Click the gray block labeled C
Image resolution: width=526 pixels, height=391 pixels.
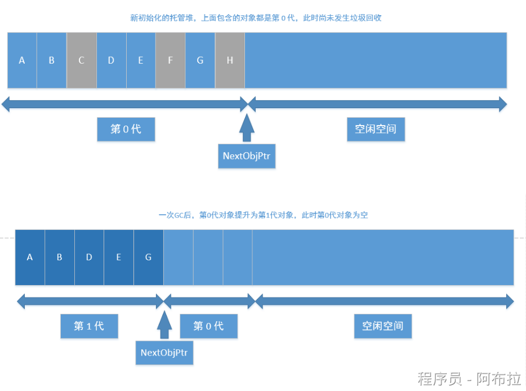(x=81, y=60)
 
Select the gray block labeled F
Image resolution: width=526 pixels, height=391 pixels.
(x=170, y=60)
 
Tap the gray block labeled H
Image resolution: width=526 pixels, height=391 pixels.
(x=230, y=60)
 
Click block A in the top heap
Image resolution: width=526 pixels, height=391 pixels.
(x=22, y=60)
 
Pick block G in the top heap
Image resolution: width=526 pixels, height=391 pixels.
(x=200, y=60)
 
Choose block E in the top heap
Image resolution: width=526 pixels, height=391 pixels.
(x=141, y=60)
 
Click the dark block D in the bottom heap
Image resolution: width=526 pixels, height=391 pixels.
(x=89, y=257)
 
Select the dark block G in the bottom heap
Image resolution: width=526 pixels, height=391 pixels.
(x=149, y=257)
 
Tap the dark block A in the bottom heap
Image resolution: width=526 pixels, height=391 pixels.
(x=30, y=257)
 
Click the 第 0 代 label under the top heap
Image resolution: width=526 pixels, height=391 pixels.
(x=126, y=129)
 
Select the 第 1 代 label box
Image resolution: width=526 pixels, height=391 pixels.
(x=89, y=326)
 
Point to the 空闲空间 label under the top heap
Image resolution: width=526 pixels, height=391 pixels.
(x=376, y=129)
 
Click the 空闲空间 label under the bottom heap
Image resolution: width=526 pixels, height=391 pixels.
(x=383, y=326)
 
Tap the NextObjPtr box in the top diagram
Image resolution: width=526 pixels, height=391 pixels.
(x=247, y=156)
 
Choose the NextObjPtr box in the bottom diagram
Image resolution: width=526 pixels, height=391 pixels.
(x=164, y=353)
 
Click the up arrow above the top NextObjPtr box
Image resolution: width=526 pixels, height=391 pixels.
(x=247, y=128)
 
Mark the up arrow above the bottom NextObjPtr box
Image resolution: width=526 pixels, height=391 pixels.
(x=164, y=325)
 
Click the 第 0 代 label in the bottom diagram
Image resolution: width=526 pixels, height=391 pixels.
(x=208, y=326)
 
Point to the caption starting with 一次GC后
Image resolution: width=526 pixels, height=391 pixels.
(x=263, y=215)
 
